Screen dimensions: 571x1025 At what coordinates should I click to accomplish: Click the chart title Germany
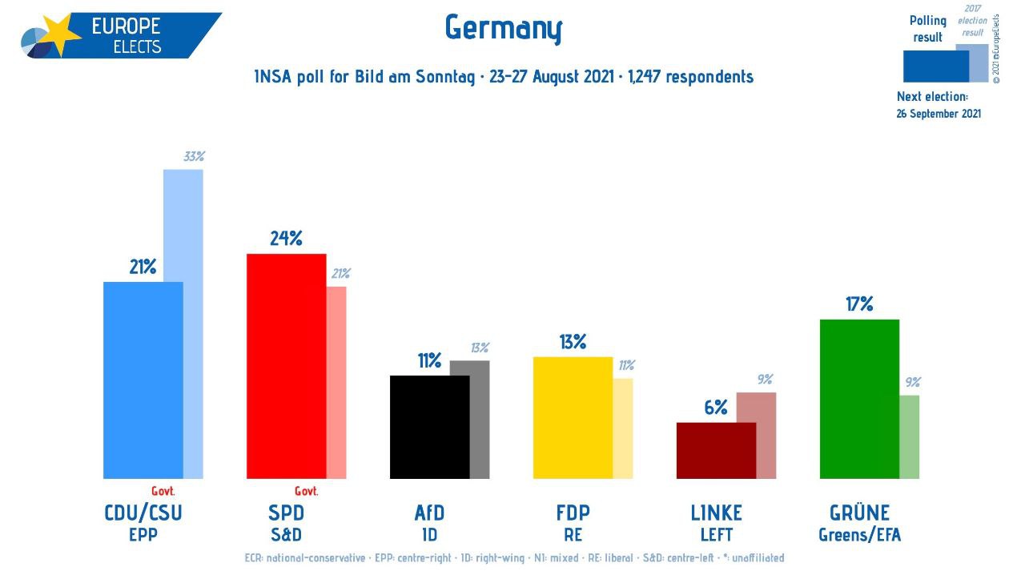coord(504,30)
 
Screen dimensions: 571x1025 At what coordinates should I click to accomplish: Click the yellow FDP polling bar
coord(573,417)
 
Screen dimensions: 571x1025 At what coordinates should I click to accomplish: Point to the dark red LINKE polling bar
coord(716,450)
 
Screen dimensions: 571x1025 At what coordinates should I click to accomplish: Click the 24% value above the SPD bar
coord(286,239)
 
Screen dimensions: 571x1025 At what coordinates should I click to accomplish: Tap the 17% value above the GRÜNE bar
coord(859,304)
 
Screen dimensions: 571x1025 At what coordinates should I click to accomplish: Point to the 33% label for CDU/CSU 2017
coord(194,157)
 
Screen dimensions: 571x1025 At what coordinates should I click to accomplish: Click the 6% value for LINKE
coord(716,408)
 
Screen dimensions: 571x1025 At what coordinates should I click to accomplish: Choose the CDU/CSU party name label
coord(143,513)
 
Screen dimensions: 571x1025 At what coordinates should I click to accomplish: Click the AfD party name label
coord(429,513)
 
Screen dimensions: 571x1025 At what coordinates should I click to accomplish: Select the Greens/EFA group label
coord(859,535)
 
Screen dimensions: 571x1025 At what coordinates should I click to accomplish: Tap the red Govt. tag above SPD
coord(306,491)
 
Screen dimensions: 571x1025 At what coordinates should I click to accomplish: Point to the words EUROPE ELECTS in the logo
coord(127,35)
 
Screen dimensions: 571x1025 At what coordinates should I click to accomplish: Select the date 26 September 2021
coord(939,114)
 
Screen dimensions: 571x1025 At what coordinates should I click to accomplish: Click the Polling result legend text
coord(928,29)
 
